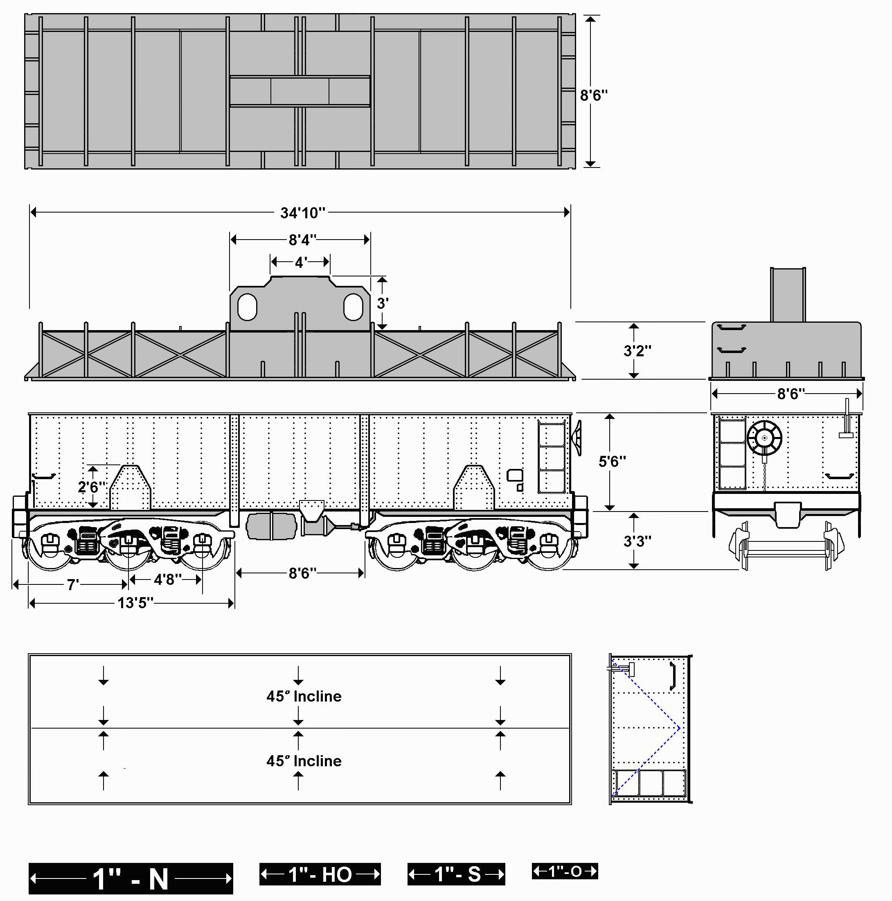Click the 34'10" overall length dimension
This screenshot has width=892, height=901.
(x=302, y=213)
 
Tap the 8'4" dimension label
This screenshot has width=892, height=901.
(x=302, y=240)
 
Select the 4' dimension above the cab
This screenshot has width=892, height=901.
(x=301, y=263)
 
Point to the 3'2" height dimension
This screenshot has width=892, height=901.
(x=637, y=350)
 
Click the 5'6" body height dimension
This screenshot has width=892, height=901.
(x=612, y=461)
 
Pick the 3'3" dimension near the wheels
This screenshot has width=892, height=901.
(x=637, y=541)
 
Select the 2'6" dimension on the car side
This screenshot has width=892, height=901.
(x=92, y=487)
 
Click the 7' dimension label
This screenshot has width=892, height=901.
(x=71, y=584)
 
